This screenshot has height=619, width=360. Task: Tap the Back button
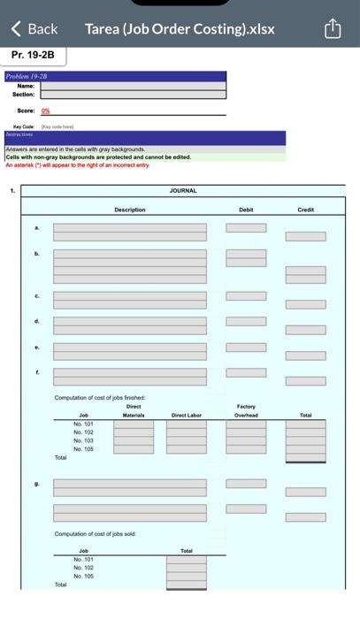click(34, 28)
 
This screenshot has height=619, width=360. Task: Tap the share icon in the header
click(333, 29)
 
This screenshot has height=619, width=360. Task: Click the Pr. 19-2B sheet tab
click(33, 55)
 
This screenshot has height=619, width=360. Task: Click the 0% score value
click(45, 111)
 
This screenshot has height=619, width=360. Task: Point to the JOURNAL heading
click(183, 190)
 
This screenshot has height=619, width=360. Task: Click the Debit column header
click(246, 210)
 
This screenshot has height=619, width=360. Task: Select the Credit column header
click(305, 210)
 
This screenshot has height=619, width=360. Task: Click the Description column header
click(129, 210)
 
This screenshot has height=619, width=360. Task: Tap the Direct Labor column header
click(186, 415)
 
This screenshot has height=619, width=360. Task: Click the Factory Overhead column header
click(246, 410)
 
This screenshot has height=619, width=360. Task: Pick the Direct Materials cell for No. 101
click(133, 424)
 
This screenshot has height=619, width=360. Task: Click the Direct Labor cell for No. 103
click(186, 440)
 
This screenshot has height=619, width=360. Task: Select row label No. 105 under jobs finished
click(83, 449)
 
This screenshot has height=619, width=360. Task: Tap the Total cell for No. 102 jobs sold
click(186, 568)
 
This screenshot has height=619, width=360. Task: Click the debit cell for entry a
click(246, 228)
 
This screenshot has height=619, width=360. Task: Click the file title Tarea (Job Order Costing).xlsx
click(180, 28)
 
